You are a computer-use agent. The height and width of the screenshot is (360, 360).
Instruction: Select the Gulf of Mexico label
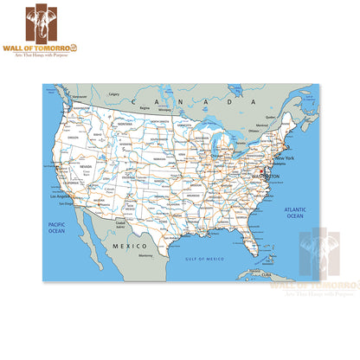pyautogui.click(x=205, y=258)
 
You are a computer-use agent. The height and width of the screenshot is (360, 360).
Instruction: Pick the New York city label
pyautogui.click(x=285, y=158)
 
